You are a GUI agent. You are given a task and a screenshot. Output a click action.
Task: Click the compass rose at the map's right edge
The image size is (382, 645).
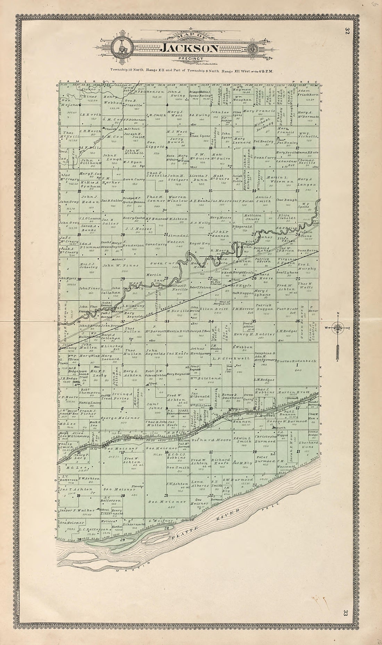tap(337, 327)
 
